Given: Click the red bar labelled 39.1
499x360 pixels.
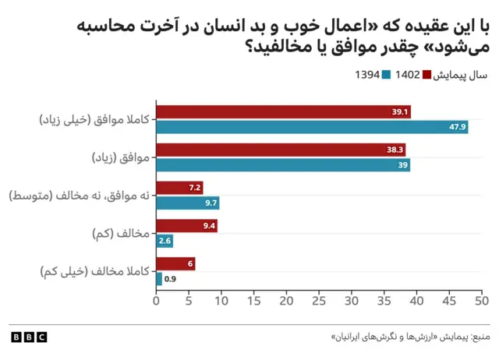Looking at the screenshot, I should pos(283,112).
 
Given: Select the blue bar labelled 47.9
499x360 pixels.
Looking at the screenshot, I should pos(312,127).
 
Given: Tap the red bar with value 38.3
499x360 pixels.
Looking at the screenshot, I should pos(281,150).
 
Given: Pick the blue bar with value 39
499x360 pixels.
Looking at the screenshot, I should pos(283,165).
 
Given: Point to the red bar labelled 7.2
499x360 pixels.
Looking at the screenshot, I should pos(179,187).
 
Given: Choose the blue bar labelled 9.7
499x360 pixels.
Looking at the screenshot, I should pos(188,203).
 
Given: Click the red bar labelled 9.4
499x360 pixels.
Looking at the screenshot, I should pos(186,226).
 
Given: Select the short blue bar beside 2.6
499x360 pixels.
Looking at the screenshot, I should pos(165,241).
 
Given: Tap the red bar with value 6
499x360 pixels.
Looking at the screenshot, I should pos(175,264).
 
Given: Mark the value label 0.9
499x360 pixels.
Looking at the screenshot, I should pos(170,279).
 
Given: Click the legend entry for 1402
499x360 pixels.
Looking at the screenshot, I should pos(408,75).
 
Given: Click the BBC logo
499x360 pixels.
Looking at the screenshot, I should pos(29,337).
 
